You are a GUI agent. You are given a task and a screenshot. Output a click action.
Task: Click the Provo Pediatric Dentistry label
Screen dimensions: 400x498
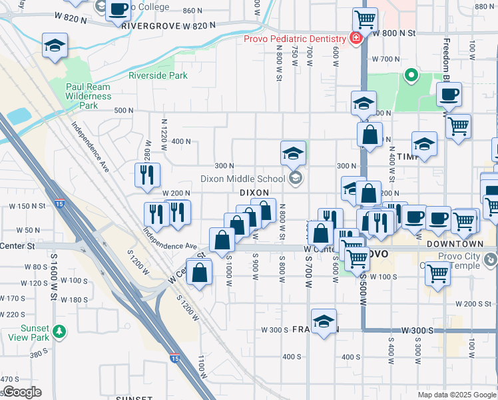(296, 39)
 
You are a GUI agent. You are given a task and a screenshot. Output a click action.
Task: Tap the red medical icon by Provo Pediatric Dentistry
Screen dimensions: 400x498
(356, 39)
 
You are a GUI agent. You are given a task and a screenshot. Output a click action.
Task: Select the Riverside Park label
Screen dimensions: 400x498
(158, 75)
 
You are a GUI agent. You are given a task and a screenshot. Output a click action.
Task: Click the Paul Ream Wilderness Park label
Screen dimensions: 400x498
(89, 96)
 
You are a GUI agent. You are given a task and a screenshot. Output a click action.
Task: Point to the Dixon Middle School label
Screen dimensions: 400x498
(244, 179)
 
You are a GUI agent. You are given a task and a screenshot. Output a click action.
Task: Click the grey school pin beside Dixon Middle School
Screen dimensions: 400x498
(296, 178)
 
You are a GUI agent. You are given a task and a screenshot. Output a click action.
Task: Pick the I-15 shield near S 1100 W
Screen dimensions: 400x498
(174, 359)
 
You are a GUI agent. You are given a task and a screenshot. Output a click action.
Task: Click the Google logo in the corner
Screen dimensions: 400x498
(21, 392)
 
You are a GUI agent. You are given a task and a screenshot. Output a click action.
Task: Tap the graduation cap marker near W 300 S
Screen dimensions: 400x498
(324, 322)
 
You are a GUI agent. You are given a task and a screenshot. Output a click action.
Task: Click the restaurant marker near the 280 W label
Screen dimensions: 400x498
(146, 175)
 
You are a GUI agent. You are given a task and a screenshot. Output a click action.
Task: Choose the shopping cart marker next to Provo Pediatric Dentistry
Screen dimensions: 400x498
(365, 20)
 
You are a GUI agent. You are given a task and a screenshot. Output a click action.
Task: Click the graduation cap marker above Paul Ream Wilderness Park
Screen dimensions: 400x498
(54, 45)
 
